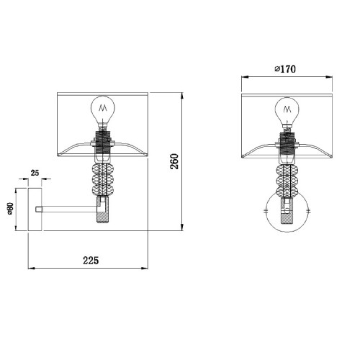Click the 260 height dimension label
click(x=175, y=161)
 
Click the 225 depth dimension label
click(x=91, y=261)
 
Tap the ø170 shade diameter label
click(x=285, y=69)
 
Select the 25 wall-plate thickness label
click(x=35, y=173)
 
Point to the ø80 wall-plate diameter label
click(x=10, y=208)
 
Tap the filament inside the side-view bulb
click(x=103, y=108)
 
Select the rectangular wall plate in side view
click(x=35, y=210)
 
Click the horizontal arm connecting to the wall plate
click(x=70, y=210)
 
